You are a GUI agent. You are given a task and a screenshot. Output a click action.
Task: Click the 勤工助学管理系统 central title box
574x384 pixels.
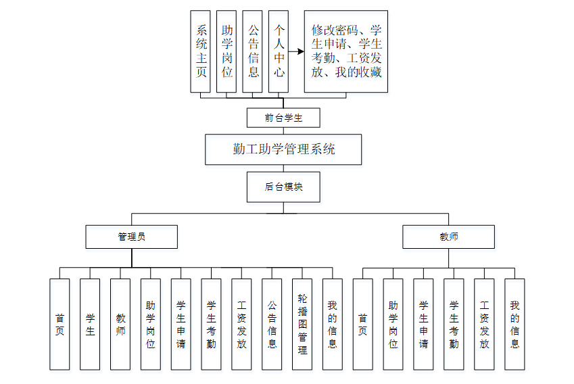(283, 149)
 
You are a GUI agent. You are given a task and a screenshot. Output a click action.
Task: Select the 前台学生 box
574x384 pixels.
(283, 118)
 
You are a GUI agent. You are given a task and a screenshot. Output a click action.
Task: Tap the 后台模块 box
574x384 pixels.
(283, 187)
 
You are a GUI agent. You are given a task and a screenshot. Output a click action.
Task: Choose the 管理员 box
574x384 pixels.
(131, 237)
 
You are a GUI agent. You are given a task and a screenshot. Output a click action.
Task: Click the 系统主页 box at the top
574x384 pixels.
(201, 51)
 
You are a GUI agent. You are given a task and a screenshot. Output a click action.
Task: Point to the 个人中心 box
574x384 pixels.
(279, 51)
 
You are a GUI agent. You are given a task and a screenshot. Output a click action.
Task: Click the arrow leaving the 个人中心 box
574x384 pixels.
(296, 51)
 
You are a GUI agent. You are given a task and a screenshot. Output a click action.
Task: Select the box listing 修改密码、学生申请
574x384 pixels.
(346, 51)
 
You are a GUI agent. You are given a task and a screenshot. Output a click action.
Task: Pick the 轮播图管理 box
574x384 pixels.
(302, 324)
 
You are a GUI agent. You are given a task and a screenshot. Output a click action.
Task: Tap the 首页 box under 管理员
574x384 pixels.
(59, 324)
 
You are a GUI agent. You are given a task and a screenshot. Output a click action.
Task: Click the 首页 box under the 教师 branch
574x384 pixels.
(363, 324)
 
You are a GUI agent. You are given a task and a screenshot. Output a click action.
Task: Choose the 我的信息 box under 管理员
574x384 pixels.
(333, 324)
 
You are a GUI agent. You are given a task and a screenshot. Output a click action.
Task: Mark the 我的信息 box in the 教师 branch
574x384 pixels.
(515, 324)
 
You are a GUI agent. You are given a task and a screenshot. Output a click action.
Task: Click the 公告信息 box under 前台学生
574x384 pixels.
(253, 51)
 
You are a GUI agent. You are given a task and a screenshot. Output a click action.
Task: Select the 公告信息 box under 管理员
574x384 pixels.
(272, 324)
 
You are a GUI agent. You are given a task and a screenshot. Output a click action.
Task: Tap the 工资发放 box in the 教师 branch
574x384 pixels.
(484, 324)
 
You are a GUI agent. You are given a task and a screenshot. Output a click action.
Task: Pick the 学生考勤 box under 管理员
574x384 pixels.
(211, 324)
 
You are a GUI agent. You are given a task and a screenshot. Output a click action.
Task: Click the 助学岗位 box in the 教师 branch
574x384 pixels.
(393, 324)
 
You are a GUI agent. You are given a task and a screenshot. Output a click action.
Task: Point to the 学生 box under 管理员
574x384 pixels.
(90, 324)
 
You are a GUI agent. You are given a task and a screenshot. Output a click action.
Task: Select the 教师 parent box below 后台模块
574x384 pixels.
(448, 237)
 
